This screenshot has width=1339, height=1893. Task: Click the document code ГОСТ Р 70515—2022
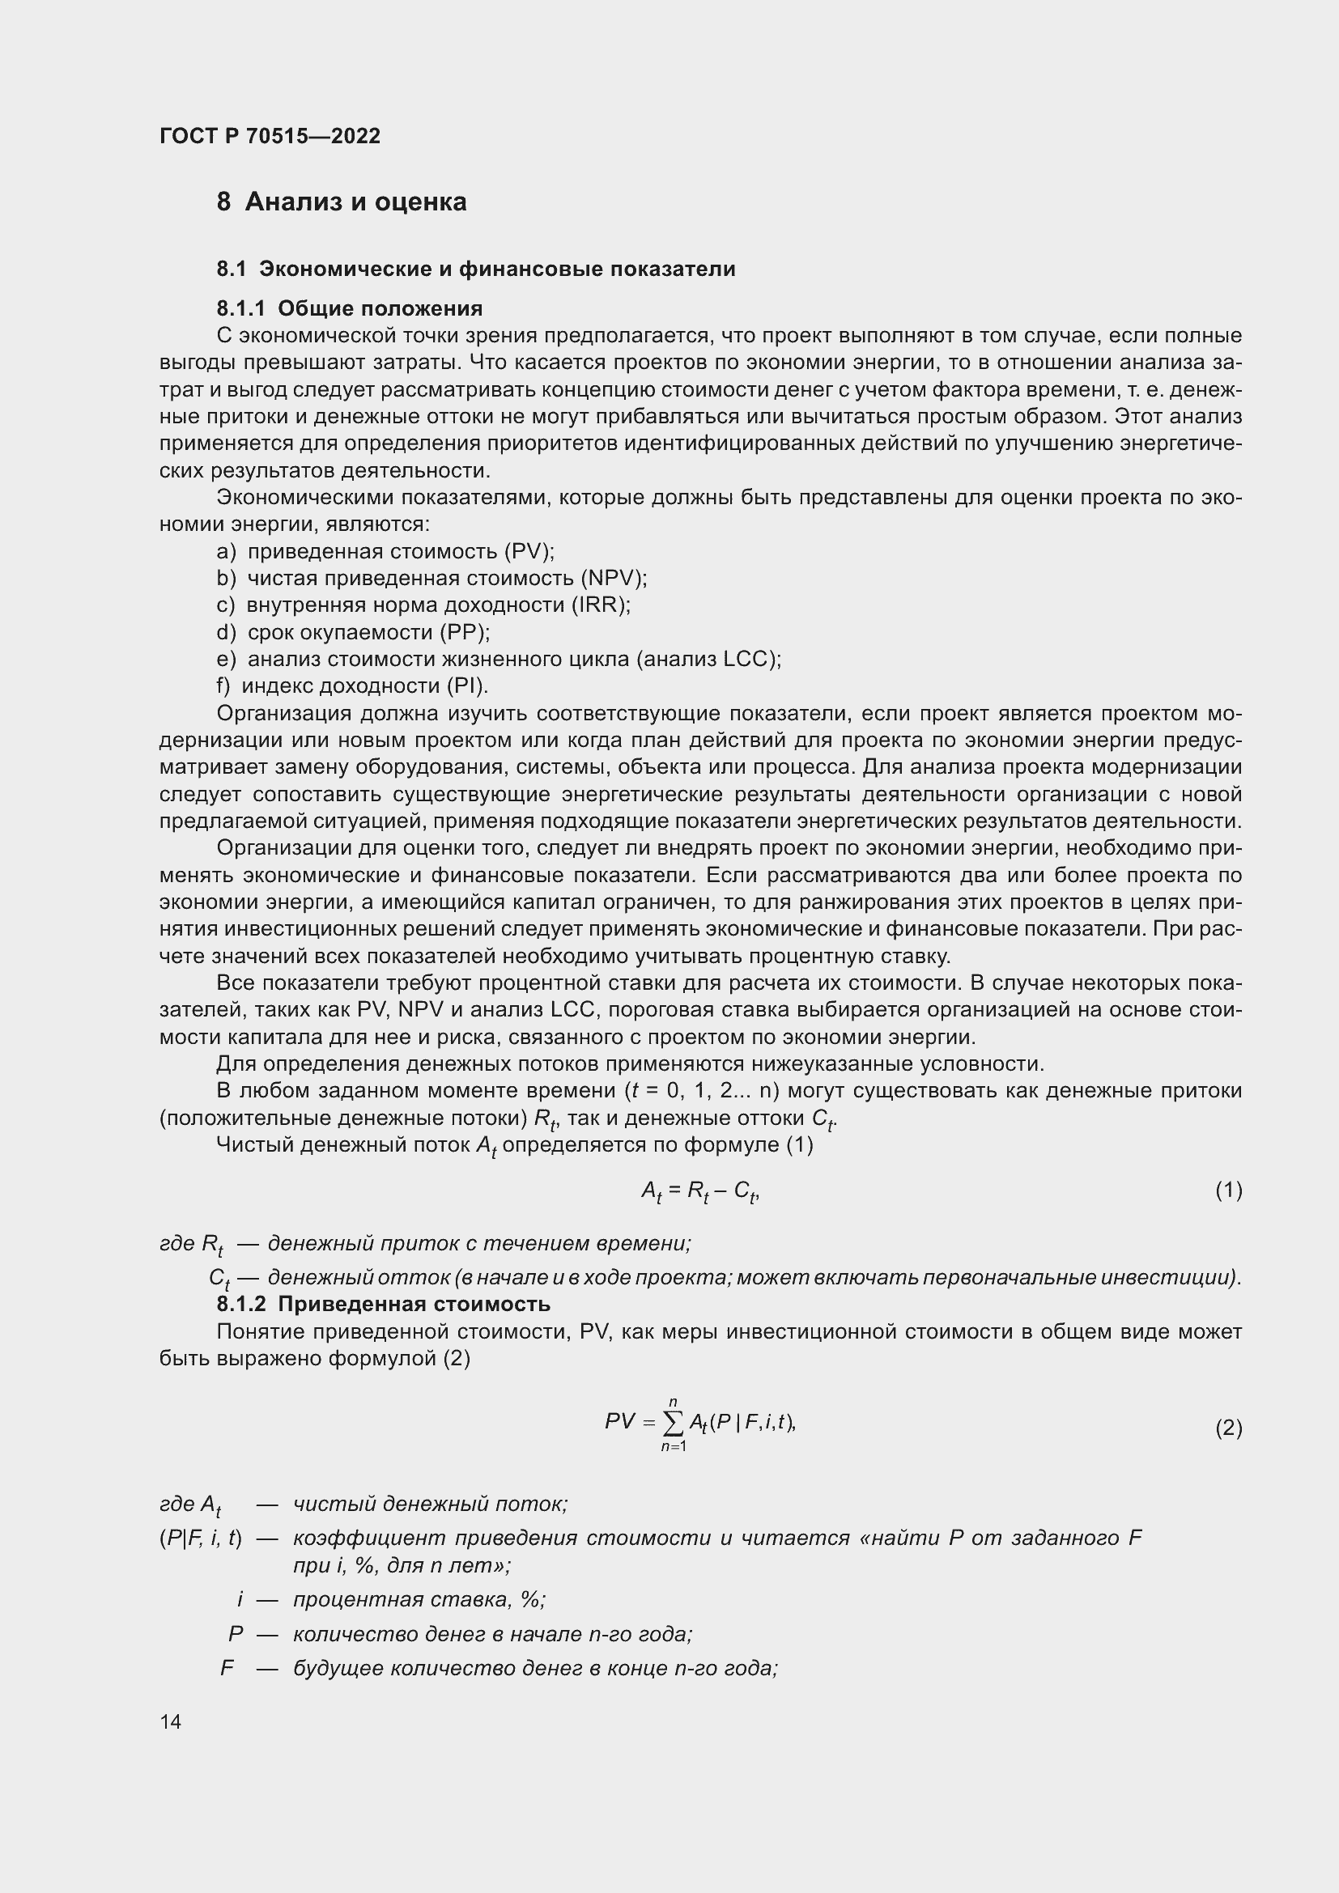pyautogui.click(x=270, y=136)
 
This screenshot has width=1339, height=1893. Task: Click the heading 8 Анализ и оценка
pyautogui.click(x=342, y=202)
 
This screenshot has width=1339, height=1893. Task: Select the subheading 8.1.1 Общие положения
pyautogui.click(x=350, y=308)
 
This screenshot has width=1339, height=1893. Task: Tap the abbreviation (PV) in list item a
pyautogui.click(x=529, y=551)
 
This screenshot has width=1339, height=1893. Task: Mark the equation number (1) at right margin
pyautogui.click(x=1228, y=1190)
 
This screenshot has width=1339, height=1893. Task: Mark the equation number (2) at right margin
pyautogui.click(x=1228, y=1427)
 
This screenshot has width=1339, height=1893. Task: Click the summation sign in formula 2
pyautogui.click(x=673, y=1421)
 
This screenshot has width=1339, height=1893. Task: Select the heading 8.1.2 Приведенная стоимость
pyautogui.click(x=384, y=1305)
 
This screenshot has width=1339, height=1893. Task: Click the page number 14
pyautogui.click(x=171, y=1721)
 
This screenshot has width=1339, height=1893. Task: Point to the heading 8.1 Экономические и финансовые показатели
pyautogui.click(x=476, y=269)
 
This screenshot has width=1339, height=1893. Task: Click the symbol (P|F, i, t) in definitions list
pyautogui.click(x=200, y=1538)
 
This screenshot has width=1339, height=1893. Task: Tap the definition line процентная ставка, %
pyautogui.click(x=419, y=1599)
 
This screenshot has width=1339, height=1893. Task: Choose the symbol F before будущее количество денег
pyautogui.click(x=227, y=1668)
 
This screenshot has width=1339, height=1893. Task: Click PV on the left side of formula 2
pyautogui.click(x=620, y=1420)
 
